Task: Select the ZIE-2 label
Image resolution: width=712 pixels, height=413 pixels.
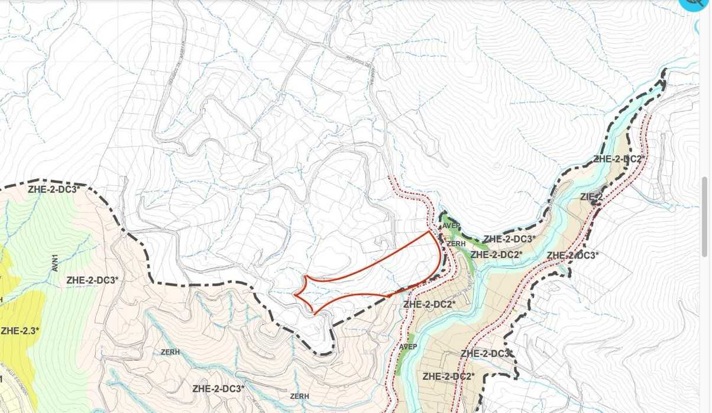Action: point(591,197)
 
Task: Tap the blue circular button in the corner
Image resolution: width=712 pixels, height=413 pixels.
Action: point(698,5)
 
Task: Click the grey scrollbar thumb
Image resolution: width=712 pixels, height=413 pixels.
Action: point(705,217)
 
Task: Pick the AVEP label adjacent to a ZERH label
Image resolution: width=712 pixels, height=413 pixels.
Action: point(451,225)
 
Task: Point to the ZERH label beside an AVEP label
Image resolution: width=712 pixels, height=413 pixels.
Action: point(456,243)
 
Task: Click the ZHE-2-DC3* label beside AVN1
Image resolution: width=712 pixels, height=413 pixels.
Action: point(92,280)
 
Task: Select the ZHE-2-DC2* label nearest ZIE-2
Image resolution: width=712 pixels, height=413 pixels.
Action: point(617,159)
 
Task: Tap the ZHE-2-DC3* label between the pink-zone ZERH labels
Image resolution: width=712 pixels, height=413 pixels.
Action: point(218,389)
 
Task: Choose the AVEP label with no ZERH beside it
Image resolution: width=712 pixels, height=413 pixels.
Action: point(409,346)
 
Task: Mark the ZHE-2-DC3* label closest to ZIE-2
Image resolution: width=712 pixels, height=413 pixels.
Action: point(572,256)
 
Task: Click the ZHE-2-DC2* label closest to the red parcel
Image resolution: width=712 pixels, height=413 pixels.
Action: point(429,304)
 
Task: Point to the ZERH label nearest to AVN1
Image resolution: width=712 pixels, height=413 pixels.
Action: point(170,352)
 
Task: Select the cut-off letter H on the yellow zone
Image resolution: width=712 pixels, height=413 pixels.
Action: point(2,300)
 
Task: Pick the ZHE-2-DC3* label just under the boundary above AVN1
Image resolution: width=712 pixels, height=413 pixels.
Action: point(53,190)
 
